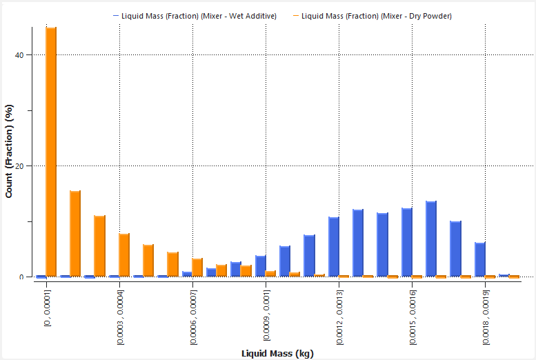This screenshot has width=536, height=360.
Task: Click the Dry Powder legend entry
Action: tap(377, 16)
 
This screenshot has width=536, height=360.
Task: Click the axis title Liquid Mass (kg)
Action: tap(277, 354)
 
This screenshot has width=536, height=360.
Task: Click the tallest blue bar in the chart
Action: tap(431, 239)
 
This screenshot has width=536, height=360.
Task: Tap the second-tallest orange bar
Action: tap(75, 234)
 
